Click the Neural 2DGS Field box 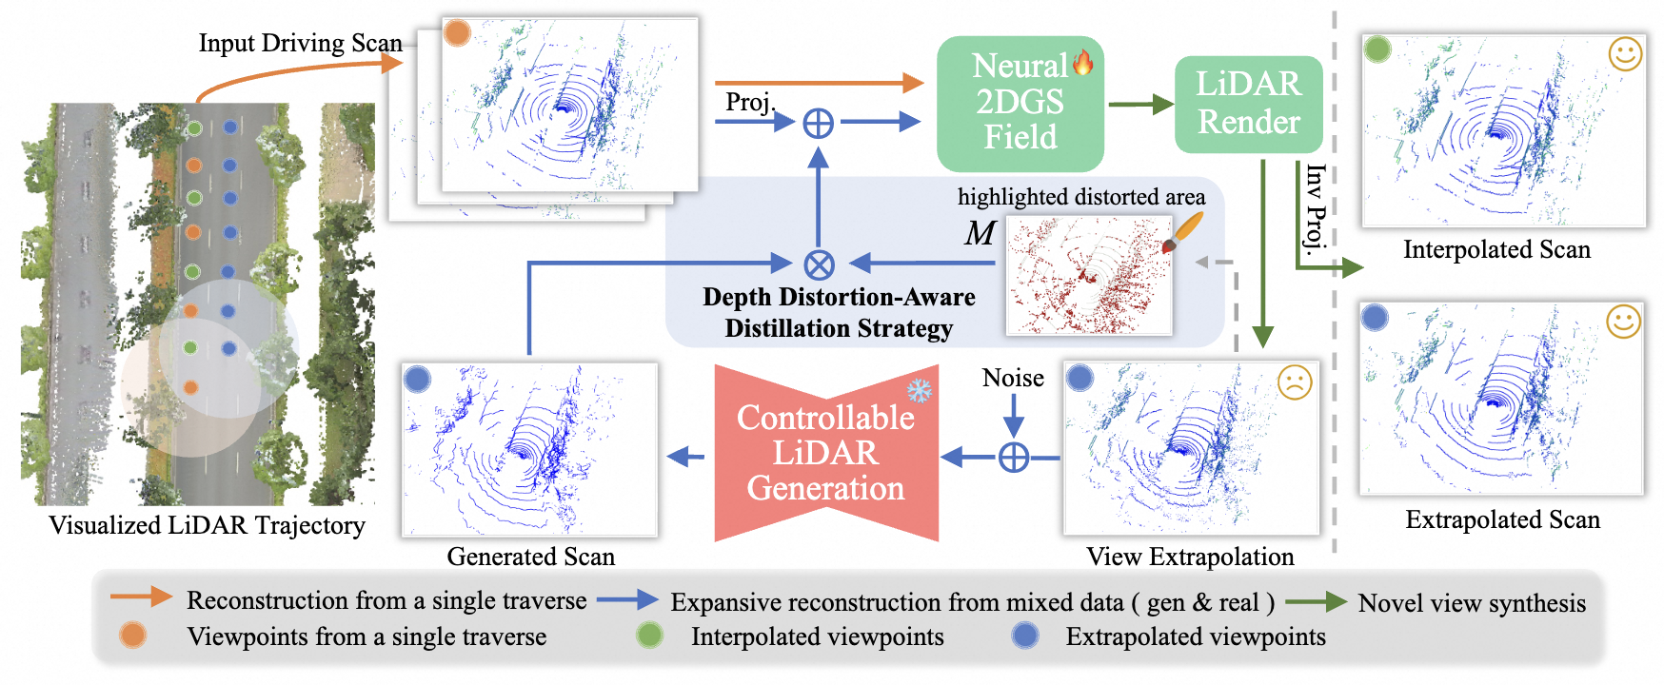tap(1020, 103)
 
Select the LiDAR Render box tap(1248, 104)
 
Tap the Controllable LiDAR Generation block tap(826, 453)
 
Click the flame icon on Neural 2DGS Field tap(1082, 63)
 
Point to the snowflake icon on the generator tap(919, 390)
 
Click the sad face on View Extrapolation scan tap(1294, 382)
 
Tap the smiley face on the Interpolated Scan tap(1625, 53)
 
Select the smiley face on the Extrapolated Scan tap(1623, 322)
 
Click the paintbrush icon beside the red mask tap(1183, 232)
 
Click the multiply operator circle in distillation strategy tap(819, 264)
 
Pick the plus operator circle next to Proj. tap(819, 123)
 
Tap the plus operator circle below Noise tap(1014, 459)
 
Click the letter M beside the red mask tap(980, 233)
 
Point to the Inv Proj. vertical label tap(1316, 209)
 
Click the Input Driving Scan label tap(300, 43)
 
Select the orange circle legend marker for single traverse tap(133, 636)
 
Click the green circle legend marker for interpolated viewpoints tap(650, 636)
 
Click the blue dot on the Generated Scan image tap(418, 380)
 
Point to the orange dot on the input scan tap(458, 33)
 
